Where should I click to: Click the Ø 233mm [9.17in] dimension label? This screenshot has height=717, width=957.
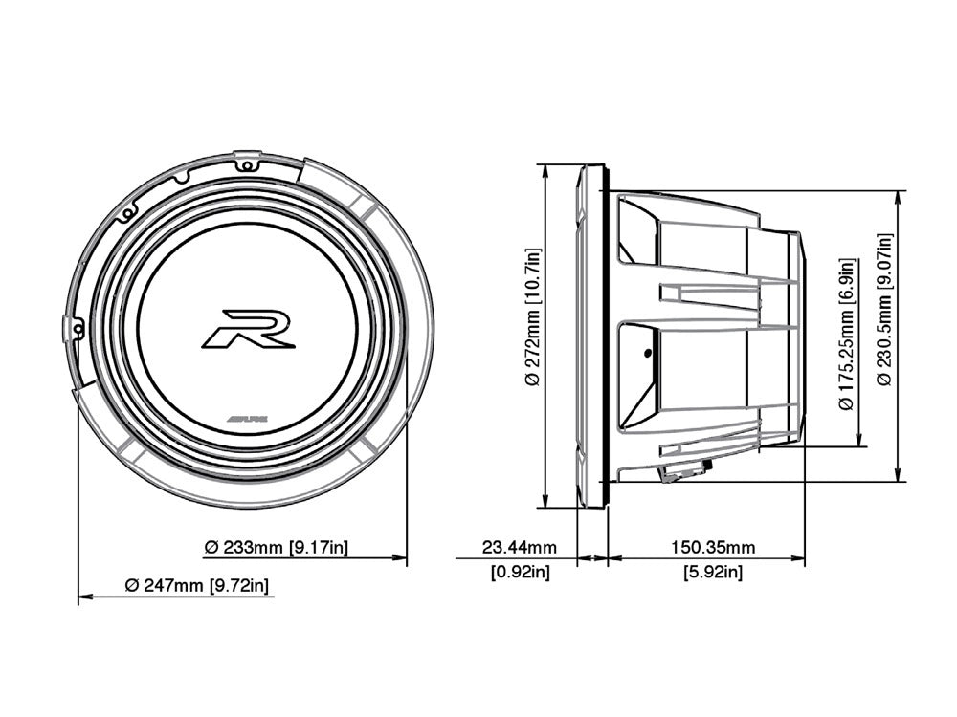[x=276, y=547]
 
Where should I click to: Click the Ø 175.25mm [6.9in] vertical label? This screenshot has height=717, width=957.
[x=846, y=335]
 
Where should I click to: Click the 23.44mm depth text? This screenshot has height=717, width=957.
[x=519, y=548]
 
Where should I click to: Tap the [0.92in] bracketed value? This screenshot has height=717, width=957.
[x=519, y=573]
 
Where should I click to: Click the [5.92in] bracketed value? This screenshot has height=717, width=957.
[x=713, y=573]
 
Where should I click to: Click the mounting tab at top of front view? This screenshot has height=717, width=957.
[x=247, y=160]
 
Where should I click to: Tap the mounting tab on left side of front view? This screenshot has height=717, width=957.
[x=70, y=328]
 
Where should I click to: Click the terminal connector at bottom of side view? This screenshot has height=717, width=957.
[x=686, y=469]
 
